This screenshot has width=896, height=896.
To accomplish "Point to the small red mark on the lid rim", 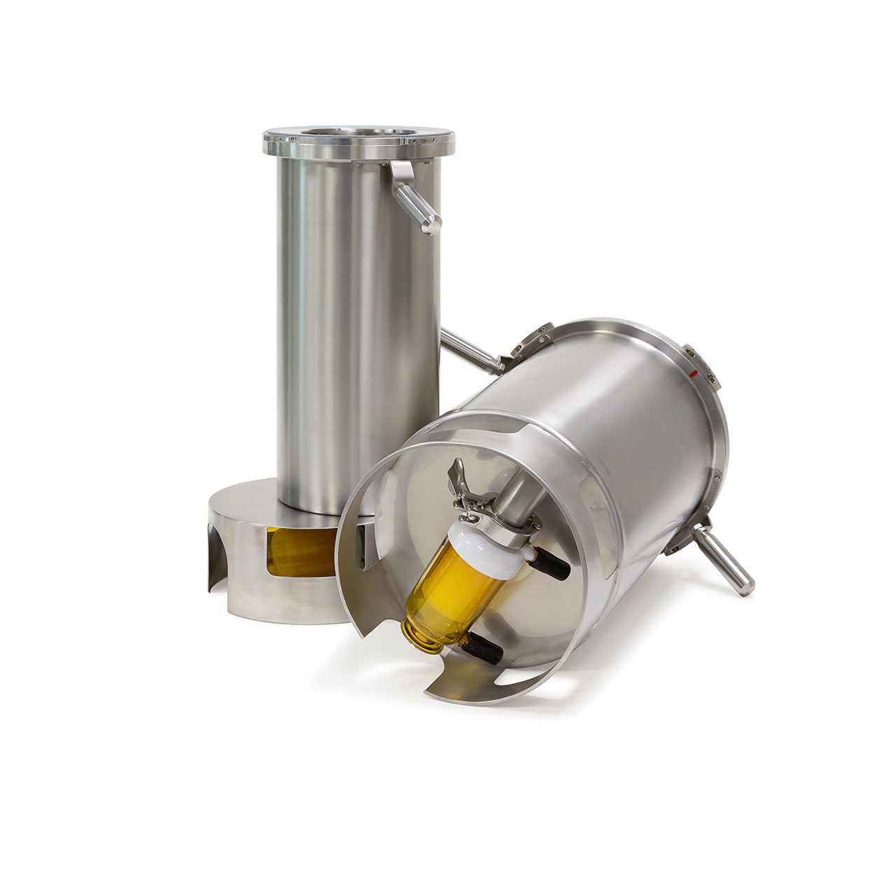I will coord(693,375).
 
